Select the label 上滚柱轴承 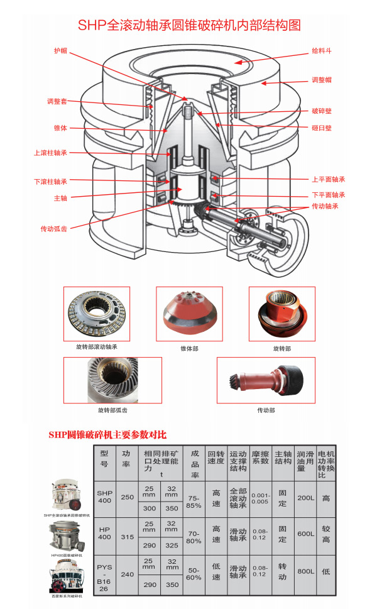click(x=50, y=152)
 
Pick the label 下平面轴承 click(x=329, y=195)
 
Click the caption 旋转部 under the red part click(x=282, y=348)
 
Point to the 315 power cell click(x=128, y=536)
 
